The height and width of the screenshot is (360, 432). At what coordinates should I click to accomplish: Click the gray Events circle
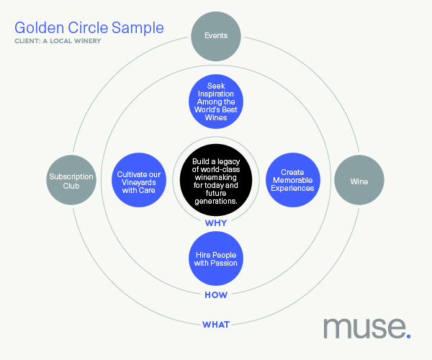pos(216,36)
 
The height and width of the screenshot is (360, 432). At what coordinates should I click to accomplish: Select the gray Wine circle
pos(359,180)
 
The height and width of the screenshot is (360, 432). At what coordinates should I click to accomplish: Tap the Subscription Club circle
pos(71,180)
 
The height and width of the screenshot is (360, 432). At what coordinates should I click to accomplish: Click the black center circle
pos(216,180)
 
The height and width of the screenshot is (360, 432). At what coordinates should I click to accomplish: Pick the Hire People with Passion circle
pos(216,258)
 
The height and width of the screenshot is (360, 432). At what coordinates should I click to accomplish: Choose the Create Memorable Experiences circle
pos(293,180)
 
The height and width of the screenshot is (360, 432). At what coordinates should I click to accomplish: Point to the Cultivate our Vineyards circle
pos(139,180)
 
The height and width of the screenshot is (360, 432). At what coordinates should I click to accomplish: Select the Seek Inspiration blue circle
pos(216,102)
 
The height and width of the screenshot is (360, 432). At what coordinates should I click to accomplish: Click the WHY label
pos(216,222)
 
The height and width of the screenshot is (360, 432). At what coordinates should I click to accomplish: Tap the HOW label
pos(216,295)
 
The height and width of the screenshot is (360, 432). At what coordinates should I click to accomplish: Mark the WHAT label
pos(216,325)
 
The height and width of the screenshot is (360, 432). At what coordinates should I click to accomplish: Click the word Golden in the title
pos(39,28)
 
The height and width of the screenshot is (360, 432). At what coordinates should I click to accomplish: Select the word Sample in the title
pos(138,28)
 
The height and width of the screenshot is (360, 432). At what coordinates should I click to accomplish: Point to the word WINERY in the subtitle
pos(88,41)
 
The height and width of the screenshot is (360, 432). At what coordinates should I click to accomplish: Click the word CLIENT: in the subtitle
pos(27,41)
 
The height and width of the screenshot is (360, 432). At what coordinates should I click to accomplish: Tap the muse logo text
pos(365,328)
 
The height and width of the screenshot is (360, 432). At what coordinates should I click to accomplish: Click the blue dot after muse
pos(408,336)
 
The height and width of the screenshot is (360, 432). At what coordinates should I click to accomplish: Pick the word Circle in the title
pos(88,28)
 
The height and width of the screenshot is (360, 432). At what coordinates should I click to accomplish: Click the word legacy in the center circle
pos(228,162)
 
